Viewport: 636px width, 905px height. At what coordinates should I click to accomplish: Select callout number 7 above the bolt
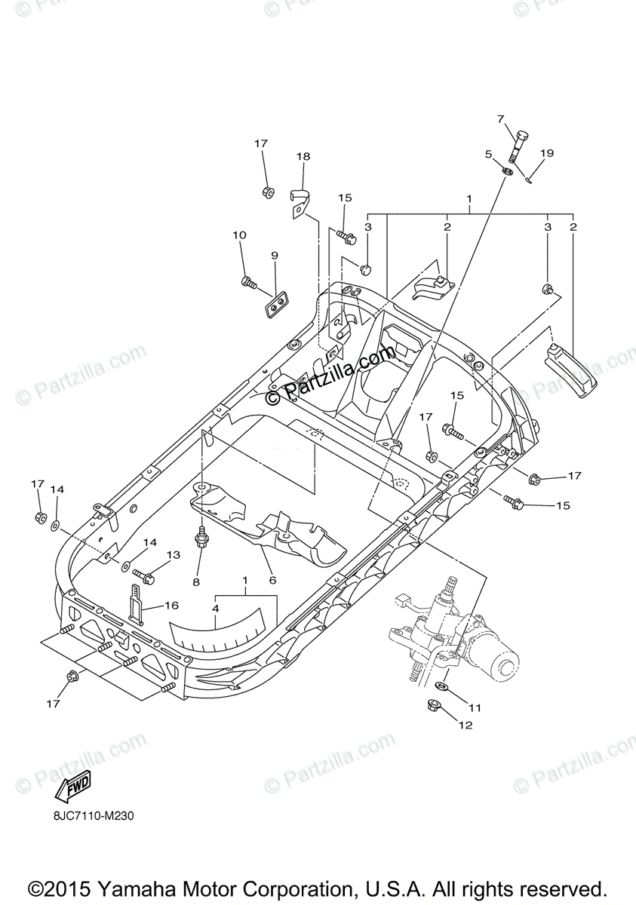pyautogui.click(x=499, y=119)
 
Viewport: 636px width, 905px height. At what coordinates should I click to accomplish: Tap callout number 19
pyautogui.click(x=546, y=153)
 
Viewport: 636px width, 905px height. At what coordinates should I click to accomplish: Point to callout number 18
pyautogui.click(x=303, y=157)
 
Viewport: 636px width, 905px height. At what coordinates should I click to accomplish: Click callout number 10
pyautogui.click(x=239, y=235)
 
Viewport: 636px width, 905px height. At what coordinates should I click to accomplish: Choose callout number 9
pyautogui.click(x=274, y=256)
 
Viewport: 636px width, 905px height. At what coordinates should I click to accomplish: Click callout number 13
pyautogui.click(x=174, y=555)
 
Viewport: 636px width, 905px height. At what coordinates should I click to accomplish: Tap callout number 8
pyautogui.click(x=196, y=581)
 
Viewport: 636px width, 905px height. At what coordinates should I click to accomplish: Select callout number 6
pyautogui.click(x=272, y=580)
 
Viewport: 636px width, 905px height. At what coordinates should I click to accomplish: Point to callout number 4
pyautogui.click(x=215, y=608)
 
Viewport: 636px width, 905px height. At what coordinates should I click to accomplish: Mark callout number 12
pyautogui.click(x=465, y=726)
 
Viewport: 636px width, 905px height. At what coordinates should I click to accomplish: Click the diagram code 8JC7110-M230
pyautogui.click(x=94, y=817)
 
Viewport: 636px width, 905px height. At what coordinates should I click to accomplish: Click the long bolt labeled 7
pyautogui.click(x=515, y=146)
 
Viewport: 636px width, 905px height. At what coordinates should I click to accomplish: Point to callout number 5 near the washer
pyautogui.click(x=488, y=154)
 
